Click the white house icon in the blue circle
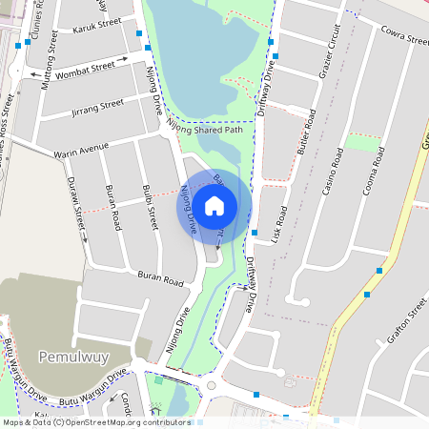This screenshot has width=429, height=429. (x=214, y=205)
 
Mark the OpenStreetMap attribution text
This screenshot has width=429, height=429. (x=95, y=421)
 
